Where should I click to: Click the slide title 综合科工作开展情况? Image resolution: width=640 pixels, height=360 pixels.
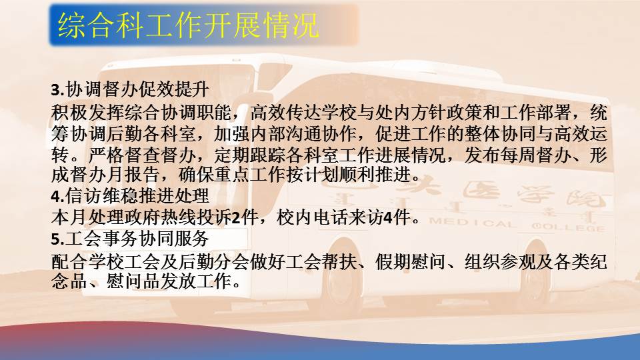(x=188, y=25)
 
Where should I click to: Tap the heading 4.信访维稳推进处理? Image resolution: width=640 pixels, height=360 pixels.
(x=130, y=196)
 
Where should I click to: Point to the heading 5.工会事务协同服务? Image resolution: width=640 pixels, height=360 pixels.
(x=130, y=239)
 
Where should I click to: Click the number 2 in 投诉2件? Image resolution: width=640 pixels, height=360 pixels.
(x=236, y=218)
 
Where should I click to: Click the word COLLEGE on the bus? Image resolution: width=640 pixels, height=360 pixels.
(x=568, y=227)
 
